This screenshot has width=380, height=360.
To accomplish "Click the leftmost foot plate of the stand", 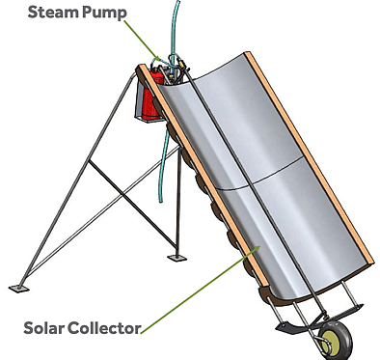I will click(18, 287).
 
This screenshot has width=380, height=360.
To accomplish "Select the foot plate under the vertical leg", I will click(174, 257).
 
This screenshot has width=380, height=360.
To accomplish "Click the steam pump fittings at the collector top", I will click(176, 69).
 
